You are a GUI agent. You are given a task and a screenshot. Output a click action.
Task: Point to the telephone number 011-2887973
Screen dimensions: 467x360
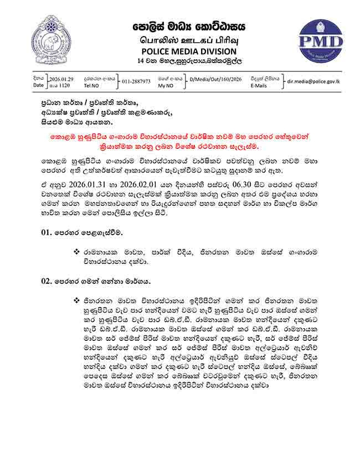(136, 81)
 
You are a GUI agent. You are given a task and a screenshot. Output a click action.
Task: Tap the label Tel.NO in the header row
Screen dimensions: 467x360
(92, 86)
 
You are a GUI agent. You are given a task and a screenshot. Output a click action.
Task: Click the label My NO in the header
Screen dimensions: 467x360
(166, 86)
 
